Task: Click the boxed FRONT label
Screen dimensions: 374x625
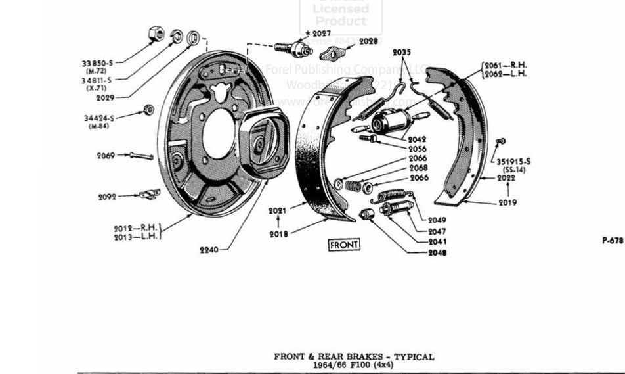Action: pyautogui.click(x=344, y=245)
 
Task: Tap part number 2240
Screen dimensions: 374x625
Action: pyautogui.click(x=209, y=250)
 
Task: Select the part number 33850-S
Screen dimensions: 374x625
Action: pyautogui.click(x=97, y=63)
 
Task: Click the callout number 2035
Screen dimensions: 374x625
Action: pyautogui.click(x=402, y=52)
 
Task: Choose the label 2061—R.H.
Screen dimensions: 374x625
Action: pyautogui.click(x=506, y=65)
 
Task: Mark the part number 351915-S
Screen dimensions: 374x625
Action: pyautogui.click(x=513, y=161)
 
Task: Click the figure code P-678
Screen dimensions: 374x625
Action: pyautogui.click(x=613, y=241)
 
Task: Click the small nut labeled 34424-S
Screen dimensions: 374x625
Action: pyautogui.click(x=149, y=110)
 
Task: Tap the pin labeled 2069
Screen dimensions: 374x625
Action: pyautogui.click(x=141, y=156)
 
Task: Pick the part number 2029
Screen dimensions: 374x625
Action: pyautogui.click(x=105, y=97)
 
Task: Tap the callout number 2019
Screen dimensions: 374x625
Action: pyautogui.click(x=507, y=202)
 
